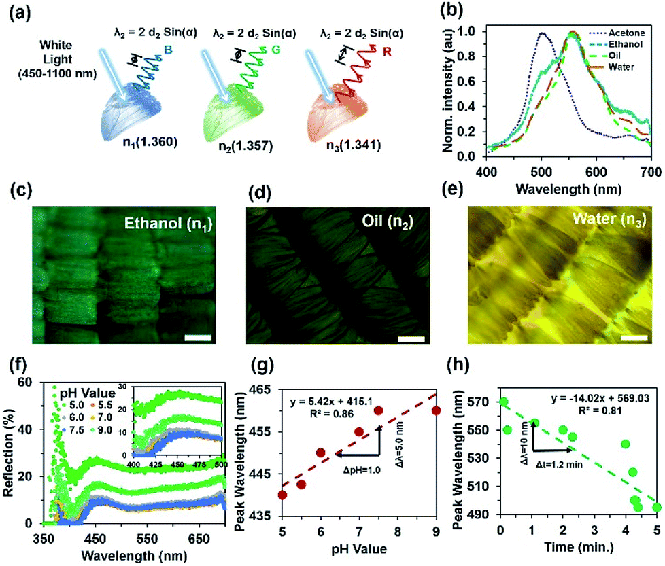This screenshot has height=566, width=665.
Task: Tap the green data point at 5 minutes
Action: click(656, 507)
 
